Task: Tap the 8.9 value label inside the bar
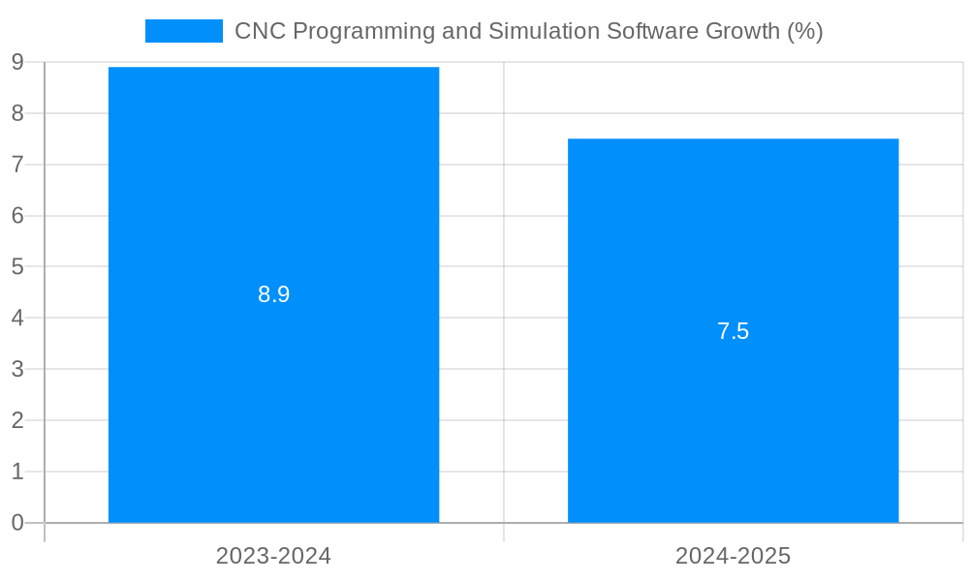(x=273, y=294)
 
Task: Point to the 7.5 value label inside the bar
(x=733, y=331)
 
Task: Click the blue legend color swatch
(x=183, y=31)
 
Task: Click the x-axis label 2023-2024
(x=273, y=556)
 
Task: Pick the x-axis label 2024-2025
(x=733, y=556)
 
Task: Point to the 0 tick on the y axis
(x=17, y=523)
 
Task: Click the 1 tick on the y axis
(x=17, y=472)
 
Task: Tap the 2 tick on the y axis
(x=17, y=420)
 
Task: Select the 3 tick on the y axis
(x=17, y=369)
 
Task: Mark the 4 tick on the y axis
(x=17, y=318)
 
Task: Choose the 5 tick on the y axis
(x=17, y=266)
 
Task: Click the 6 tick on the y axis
(x=17, y=216)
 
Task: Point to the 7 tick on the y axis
(x=17, y=165)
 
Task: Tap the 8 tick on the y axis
(x=17, y=113)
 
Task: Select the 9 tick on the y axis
(x=17, y=63)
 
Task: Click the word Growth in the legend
(x=741, y=31)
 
